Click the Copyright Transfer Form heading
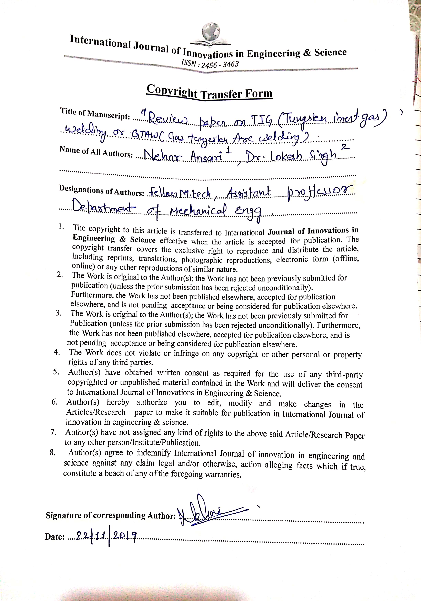(209, 92)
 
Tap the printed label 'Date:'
(55, 537)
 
